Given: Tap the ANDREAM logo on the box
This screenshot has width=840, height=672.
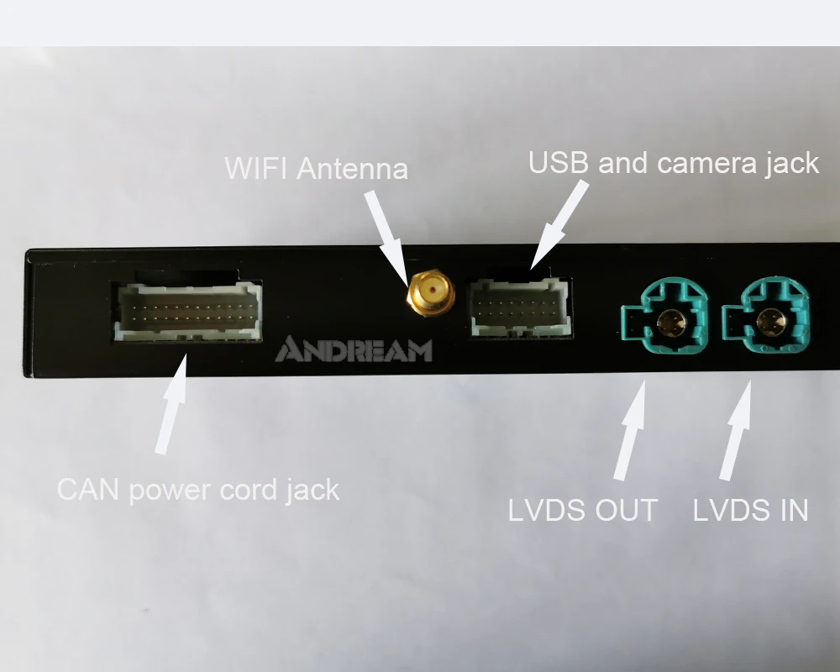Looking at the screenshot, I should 354,349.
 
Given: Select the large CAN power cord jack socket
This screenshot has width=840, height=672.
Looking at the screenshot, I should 187,309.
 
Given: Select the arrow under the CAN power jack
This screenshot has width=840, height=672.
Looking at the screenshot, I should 172,407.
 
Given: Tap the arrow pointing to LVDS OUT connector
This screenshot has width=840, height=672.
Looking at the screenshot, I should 633,428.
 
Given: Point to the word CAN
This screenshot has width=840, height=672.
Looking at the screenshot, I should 87,489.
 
